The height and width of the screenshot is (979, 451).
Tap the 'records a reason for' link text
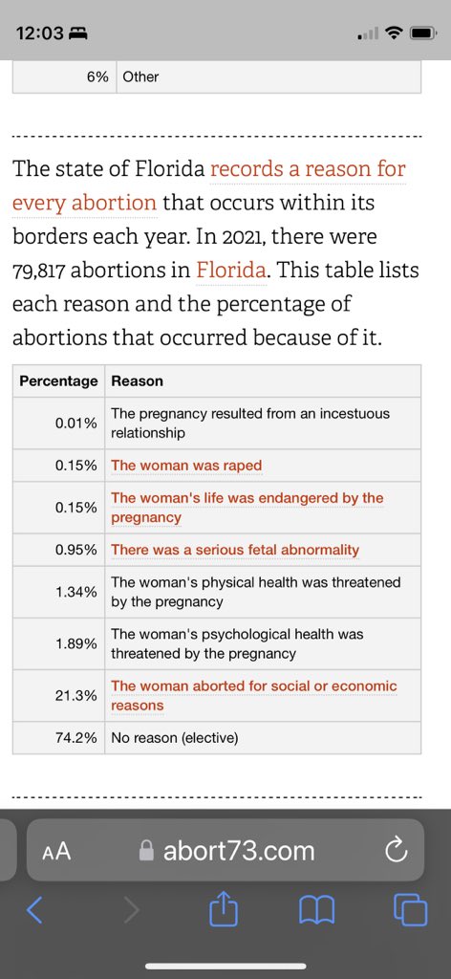coord(309,168)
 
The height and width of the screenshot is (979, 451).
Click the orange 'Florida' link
coord(231,270)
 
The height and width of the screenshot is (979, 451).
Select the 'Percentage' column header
coord(58,381)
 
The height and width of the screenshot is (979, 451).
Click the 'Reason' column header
coord(138,381)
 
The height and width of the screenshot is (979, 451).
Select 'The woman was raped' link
coord(186,466)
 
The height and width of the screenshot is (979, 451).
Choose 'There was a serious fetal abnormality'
coord(235,550)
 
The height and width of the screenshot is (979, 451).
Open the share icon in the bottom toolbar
coord(224,908)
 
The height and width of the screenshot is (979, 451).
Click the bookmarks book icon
coord(317,911)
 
